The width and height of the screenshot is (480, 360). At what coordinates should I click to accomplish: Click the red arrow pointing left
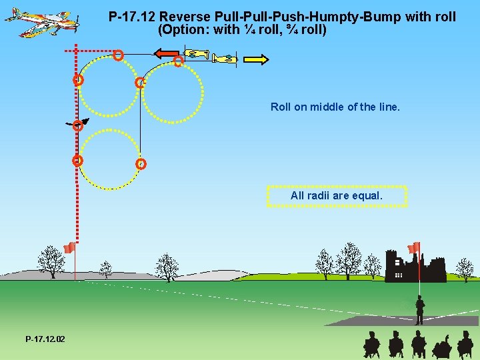click(x=167, y=54)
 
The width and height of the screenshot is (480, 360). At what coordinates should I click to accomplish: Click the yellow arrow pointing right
click(x=256, y=60)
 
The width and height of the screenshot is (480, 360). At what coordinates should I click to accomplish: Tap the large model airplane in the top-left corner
click(x=42, y=21)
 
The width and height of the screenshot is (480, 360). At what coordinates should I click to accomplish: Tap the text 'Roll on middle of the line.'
click(x=335, y=107)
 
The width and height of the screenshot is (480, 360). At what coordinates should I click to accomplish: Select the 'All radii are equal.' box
click(x=336, y=196)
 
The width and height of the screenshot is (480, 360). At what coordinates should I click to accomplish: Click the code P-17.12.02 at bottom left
click(x=45, y=339)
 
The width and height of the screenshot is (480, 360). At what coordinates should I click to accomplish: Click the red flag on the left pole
click(x=69, y=248)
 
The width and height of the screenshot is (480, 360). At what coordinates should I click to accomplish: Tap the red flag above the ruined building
click(x=414, y=247)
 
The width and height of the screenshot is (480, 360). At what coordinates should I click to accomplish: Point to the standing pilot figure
click(x=419, y=311)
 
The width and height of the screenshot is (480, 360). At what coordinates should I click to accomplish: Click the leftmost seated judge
click(x=371, y=345)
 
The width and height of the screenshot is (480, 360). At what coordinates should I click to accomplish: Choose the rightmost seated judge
click(x=465, y=345)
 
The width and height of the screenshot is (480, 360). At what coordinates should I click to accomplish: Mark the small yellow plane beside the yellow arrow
click(x=225, y=59)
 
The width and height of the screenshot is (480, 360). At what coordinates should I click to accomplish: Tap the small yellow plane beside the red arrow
click(x=197, y=54)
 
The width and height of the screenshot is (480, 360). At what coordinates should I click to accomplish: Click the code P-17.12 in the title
click(x=132, y=16)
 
